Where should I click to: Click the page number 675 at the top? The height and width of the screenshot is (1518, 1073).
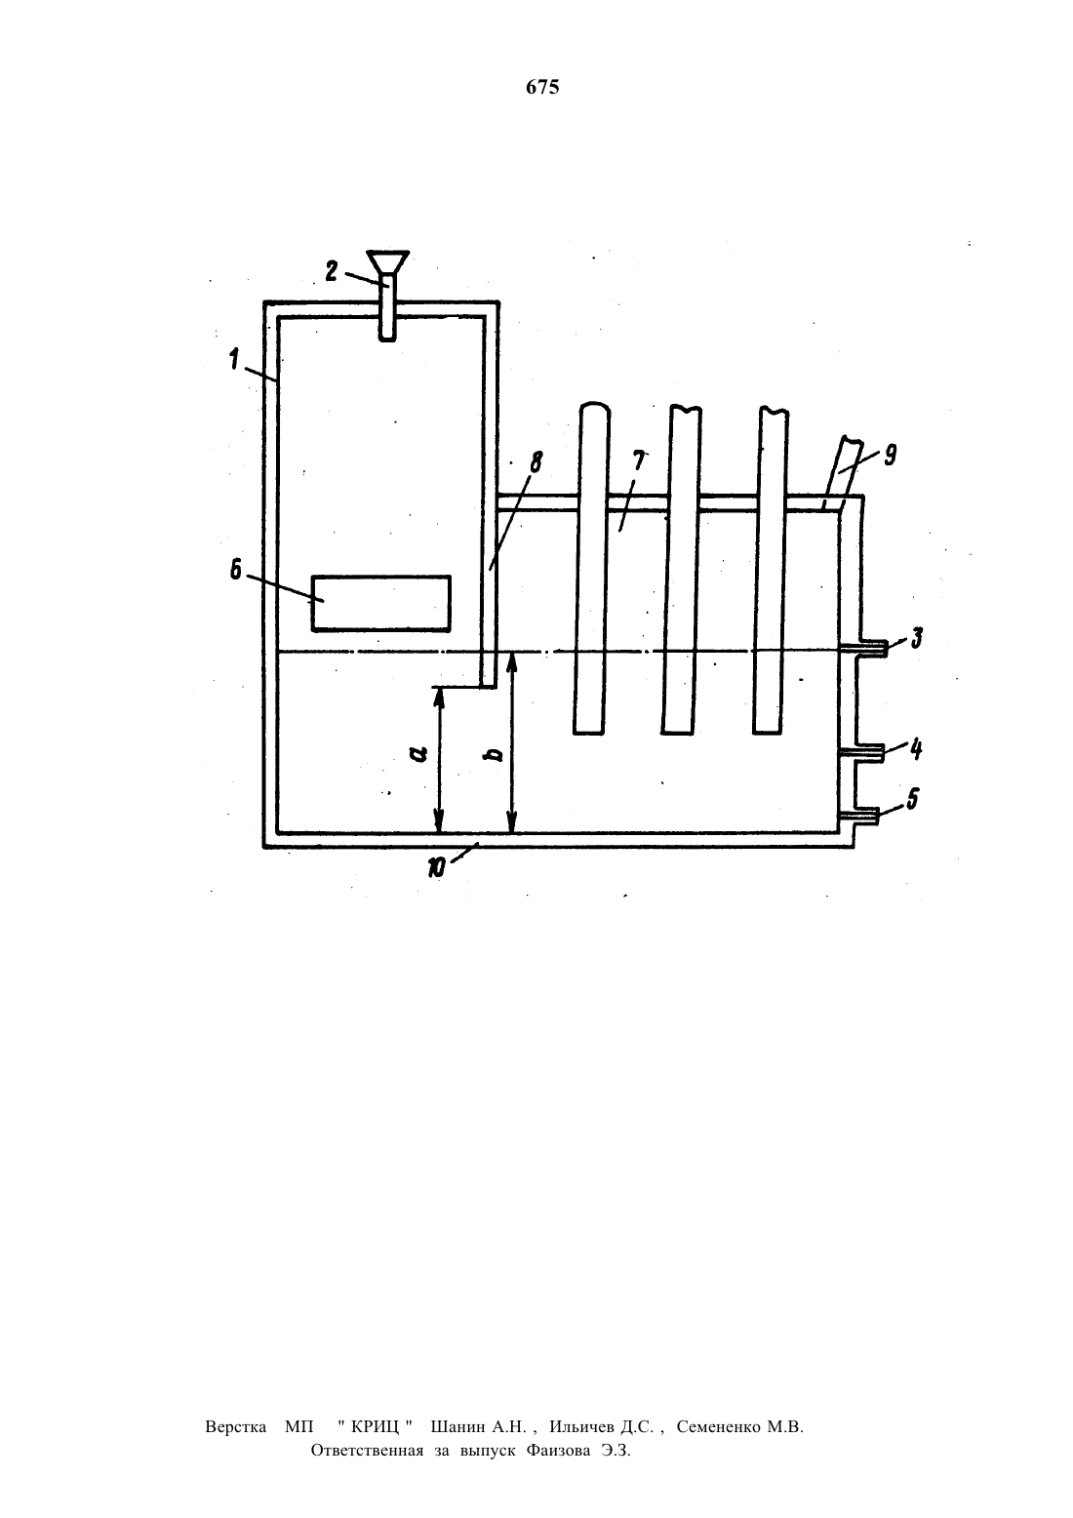542,87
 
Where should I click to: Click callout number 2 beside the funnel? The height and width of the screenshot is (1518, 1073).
332,271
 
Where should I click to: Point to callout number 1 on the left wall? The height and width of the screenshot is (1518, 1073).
234,358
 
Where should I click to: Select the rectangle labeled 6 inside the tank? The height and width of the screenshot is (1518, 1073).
381,603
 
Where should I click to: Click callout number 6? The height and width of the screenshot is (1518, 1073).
235,571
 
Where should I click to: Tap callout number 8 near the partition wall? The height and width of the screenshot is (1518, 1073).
536,462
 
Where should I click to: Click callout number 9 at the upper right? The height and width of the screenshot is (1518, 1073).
890,456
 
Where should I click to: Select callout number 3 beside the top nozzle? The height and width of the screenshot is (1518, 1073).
917,638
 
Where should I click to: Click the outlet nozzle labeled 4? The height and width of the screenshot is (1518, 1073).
861,752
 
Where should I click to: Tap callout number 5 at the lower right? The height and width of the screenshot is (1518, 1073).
912,800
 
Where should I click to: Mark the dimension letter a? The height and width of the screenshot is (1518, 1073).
419,753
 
